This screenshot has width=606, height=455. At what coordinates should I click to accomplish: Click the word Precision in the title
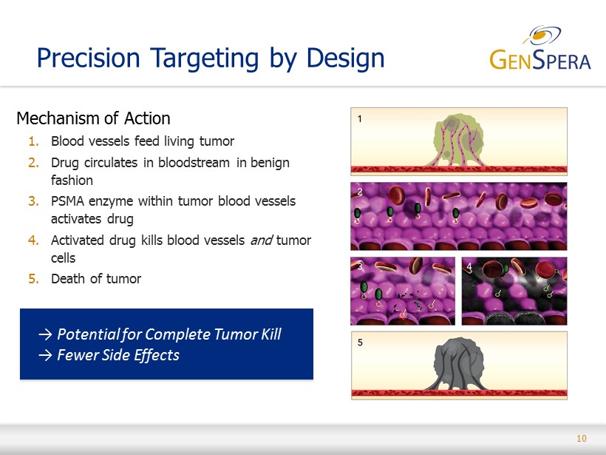pyautogui.click(x=88, y=58)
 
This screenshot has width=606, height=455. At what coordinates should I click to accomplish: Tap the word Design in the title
pyautogui.click(x=346, y=58)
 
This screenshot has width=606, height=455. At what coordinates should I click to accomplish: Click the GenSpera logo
pyautogui.click(x=540, y=48)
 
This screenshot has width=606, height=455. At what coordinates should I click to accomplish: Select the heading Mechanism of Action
pyautogui.click(x=93, y=118)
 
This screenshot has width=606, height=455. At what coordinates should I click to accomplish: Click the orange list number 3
pyautogui.click(x=33, y=201)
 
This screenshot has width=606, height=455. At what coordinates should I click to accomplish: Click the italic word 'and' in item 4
pyautogui.click(x=262, y=240)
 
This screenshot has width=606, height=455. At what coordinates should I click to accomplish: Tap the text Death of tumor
pyautogui.click(x=96, y=279)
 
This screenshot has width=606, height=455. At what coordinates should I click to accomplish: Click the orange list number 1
pyautogui.click(x=33, y=141)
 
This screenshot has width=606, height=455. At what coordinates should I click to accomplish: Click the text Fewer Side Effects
pyautogui.click(x=118, y=355)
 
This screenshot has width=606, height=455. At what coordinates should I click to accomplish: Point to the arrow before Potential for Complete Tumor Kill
pyautogui.click(x=45, y=334)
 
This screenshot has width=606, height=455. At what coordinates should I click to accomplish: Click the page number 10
pyautogui.click(x=582, y=439)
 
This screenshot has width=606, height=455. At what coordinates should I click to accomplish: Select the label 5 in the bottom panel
pyautogui.click(x=360, y=343)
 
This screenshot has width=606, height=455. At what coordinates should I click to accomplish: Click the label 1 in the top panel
pyautogui.click(x=359, y=119)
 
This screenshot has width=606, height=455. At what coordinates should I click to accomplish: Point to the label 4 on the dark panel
pyautogui.click(x=469, y=267)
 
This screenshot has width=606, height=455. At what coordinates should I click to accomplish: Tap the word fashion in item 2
pyautogui.click(x=72, y=181)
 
